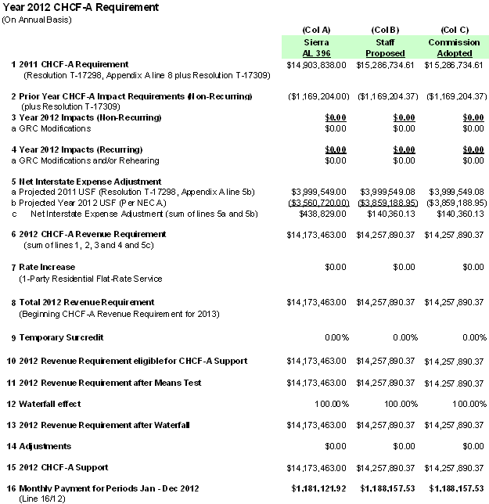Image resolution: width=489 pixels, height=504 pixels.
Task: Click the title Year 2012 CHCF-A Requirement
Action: coord(81,7)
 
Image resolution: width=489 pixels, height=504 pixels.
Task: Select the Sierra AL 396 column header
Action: coord(316,47)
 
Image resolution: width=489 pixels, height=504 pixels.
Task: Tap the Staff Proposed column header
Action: coord(385,47)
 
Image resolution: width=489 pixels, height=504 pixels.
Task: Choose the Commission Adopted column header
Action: coord(455,47)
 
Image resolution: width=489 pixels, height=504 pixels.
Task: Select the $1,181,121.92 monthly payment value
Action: coord(319,488)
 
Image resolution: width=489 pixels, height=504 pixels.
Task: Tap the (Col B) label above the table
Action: coord(385,29)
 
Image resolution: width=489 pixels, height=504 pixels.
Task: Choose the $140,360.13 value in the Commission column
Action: coord(462,213)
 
